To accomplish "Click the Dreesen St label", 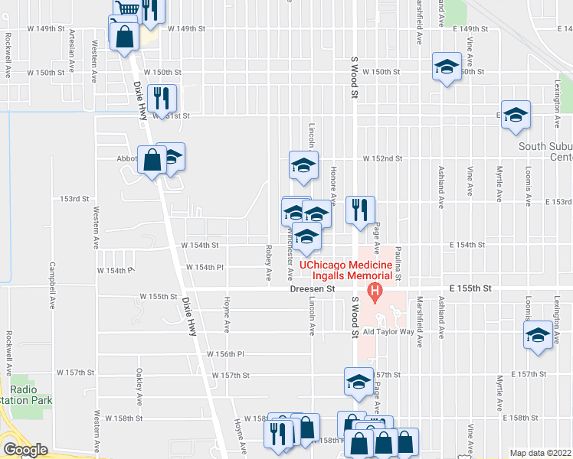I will pyautogui.click(x=313, y=290).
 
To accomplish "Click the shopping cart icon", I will pyautogui.click(x=128, y=8).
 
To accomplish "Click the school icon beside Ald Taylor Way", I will pyautogui.click(x=538, y=334).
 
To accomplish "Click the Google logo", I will pyautogui.click(x=25, y=450).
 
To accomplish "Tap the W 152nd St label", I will pyautogui.click(x=383, y=158).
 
